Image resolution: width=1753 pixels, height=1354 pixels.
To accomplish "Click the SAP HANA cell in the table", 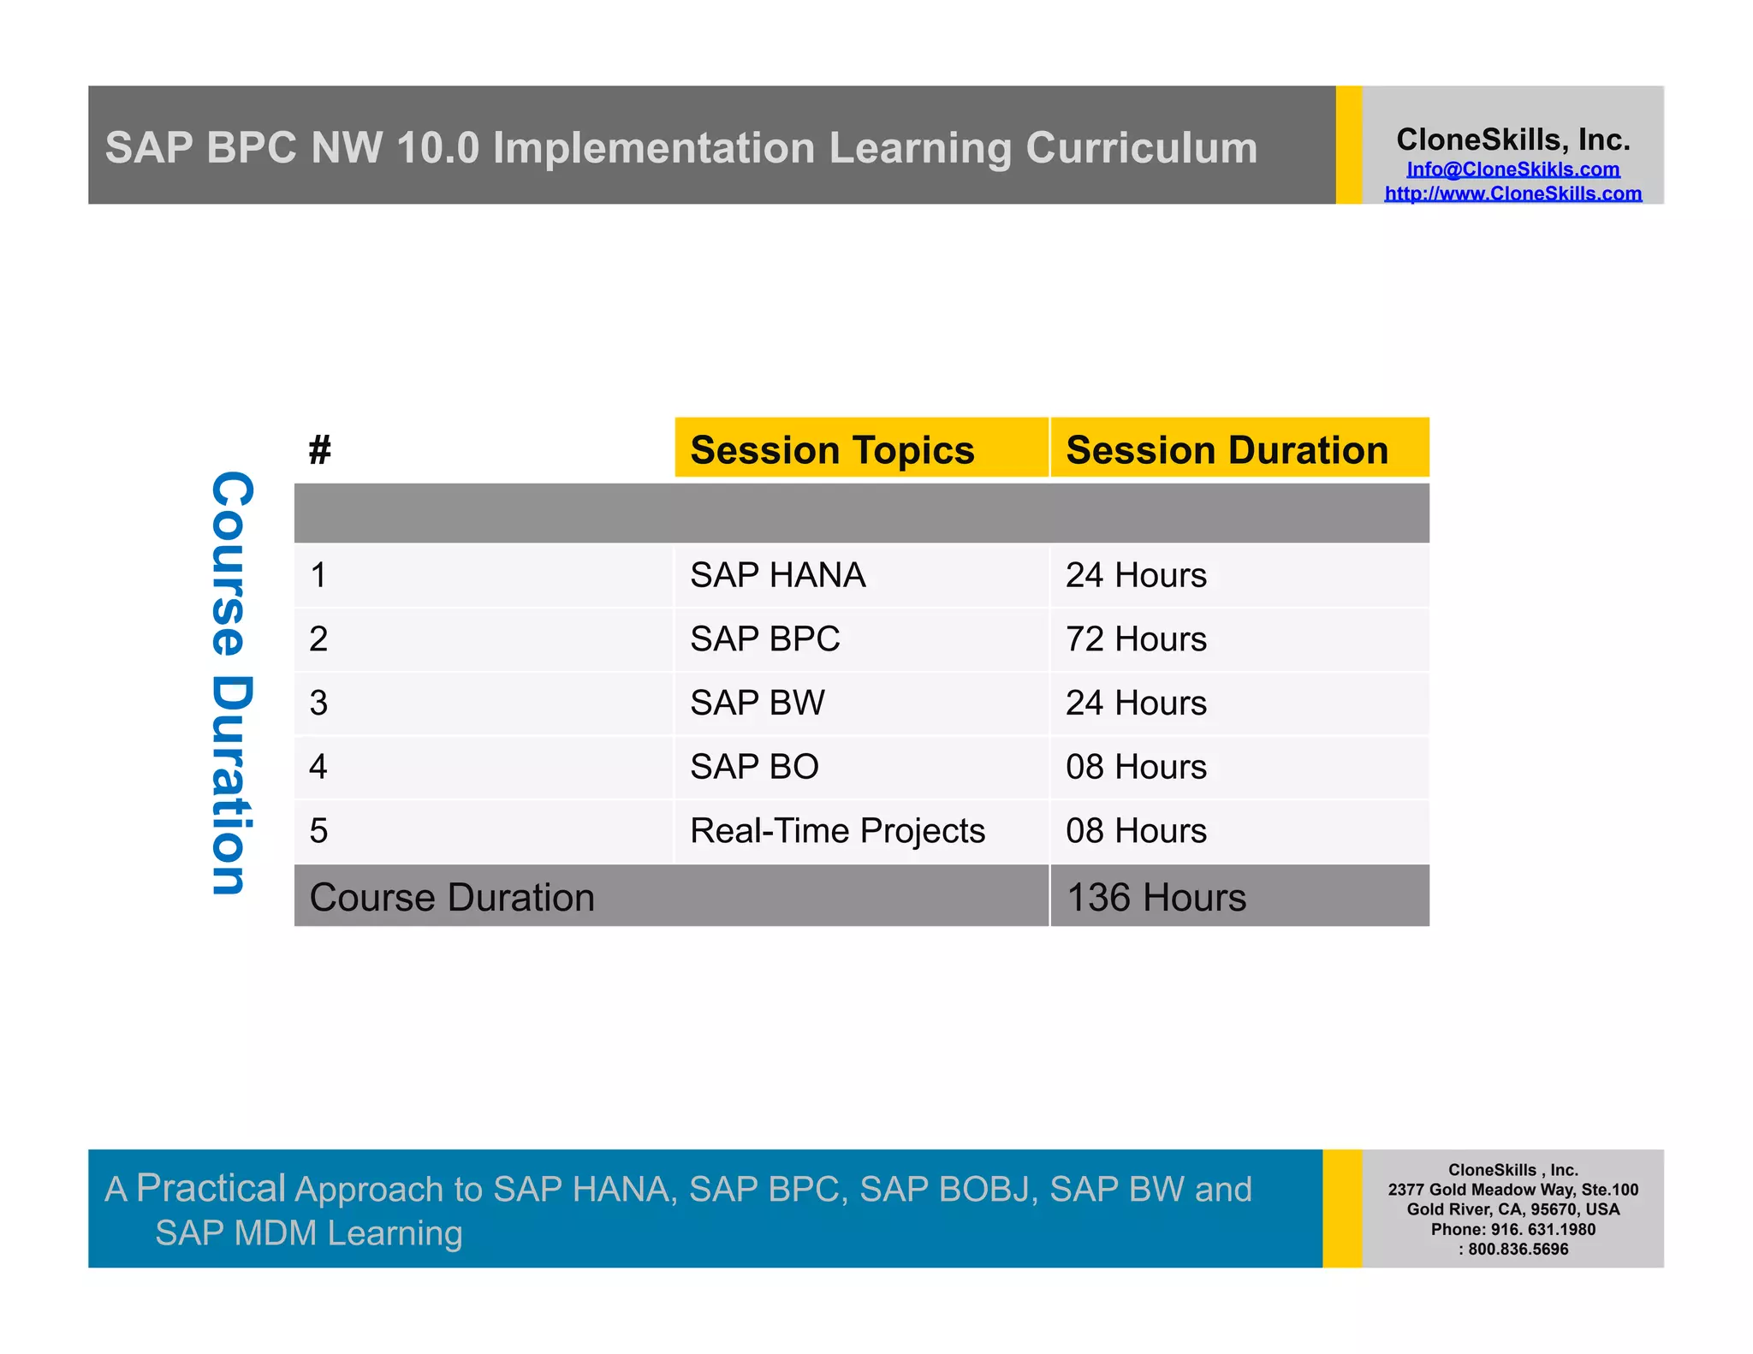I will click(x=777, y=575).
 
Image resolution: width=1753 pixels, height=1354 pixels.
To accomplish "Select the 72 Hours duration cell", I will click(x=1136, y=639).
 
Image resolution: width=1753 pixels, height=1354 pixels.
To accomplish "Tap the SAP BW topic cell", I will click(x=757, y=703).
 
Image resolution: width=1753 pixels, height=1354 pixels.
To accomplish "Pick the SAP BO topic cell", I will click(x=754, y=767).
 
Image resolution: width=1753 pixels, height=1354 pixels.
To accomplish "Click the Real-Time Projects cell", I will click(x=837, y=831).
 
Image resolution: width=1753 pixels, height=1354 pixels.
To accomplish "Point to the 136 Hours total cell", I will click(x=1156, y=897).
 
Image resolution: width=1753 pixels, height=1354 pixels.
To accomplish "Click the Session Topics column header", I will click(x=832, y=450).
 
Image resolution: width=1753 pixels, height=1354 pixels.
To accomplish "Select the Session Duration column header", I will click(x=1227, y=450).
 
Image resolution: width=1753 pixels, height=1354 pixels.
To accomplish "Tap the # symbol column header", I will click(x=320, y=450).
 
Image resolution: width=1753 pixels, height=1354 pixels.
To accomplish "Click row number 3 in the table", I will click(x=318, y=703).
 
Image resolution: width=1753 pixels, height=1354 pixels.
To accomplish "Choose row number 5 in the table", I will click(x=318, y=831).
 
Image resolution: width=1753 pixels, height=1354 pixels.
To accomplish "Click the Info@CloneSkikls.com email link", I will click(x=1512, y=169).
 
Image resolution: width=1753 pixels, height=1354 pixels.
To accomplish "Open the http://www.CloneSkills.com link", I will click(x=1512, y=193).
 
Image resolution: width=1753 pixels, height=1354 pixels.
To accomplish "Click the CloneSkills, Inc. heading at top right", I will click(x=1512, y=140).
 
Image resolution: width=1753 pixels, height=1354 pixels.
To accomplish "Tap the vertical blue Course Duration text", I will click(x=232, y=682).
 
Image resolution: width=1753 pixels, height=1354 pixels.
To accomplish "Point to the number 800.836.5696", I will click(x=1518, y=1249).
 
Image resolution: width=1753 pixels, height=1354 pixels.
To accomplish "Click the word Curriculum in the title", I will click(x=1141, y=148).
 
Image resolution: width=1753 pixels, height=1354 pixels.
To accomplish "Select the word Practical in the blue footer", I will click(x=211, y=1188).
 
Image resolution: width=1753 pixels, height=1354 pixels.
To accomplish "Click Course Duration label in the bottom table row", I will click(x=452, y=897).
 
